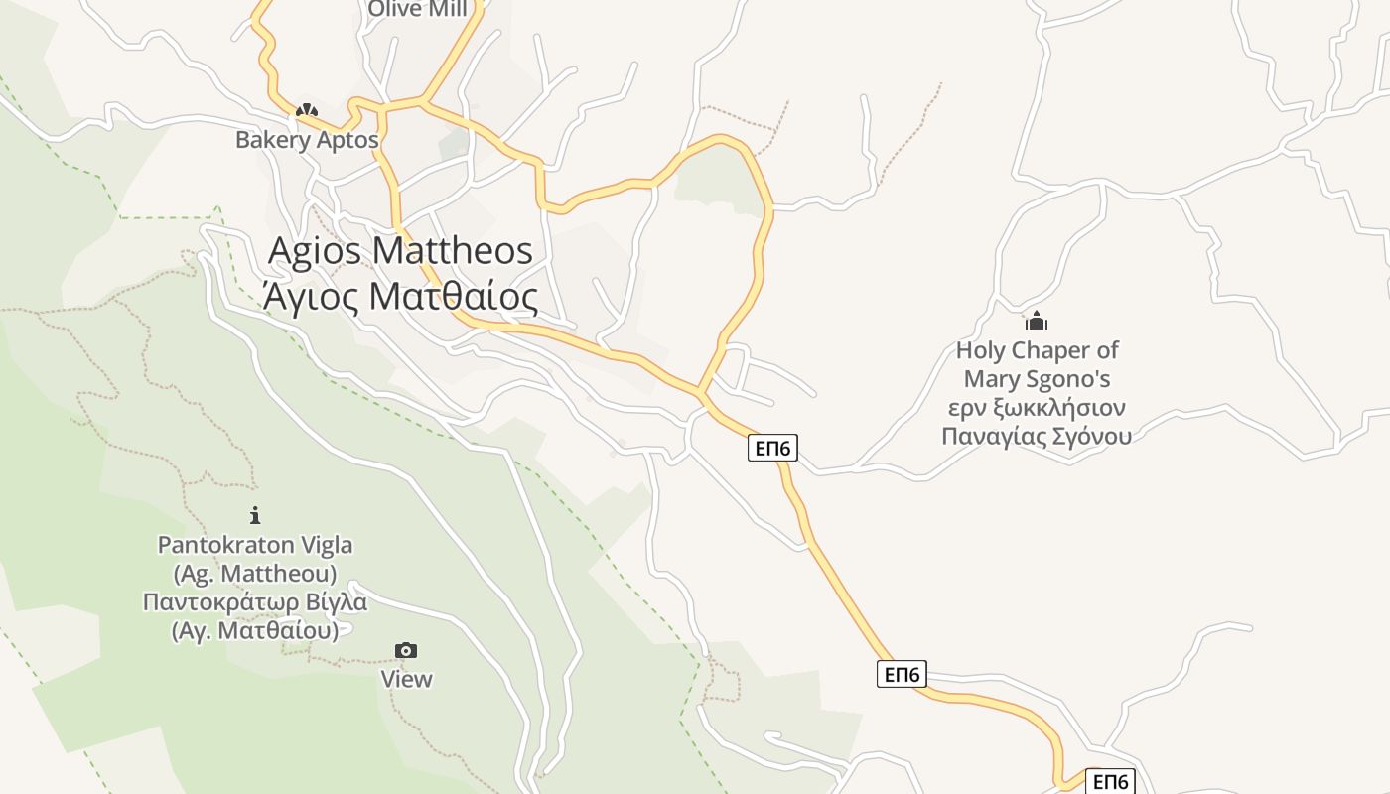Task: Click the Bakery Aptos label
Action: (307, 140)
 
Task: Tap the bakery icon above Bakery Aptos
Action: (307, 111)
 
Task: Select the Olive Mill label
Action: (417, 10)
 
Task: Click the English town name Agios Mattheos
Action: (400, 251)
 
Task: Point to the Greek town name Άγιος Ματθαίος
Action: (400, 297)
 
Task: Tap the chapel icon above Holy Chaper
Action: (1037, 322)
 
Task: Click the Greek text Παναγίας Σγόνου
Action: (1037, 436)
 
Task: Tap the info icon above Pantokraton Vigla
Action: (255, 515)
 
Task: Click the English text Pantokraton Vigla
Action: (255, 545)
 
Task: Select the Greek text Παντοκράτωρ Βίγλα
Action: (255, 602)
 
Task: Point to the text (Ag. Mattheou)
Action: (255, 574)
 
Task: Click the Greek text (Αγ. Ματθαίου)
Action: (255, 630)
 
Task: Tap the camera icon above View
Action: (406, 651)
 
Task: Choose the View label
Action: (407, 679)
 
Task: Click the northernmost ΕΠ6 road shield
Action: (772, 449)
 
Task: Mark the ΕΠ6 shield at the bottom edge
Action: (1110, 782)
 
